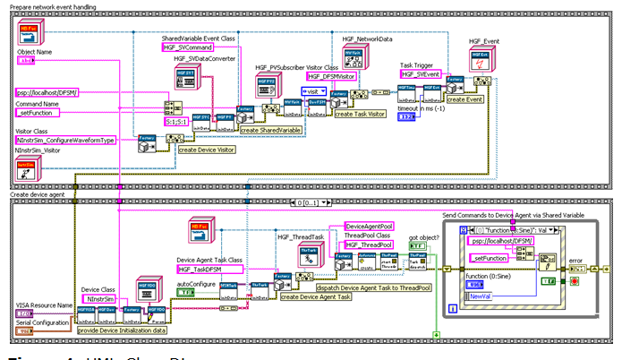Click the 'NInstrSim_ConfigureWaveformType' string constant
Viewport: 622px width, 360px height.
click(65, 141)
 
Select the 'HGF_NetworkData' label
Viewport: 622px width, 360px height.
click(367, 39)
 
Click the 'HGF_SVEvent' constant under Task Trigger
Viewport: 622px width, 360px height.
click(421, 74)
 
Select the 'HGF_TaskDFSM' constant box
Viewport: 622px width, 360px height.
click(210, 269)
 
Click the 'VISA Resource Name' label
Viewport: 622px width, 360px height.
click(44, 305)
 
